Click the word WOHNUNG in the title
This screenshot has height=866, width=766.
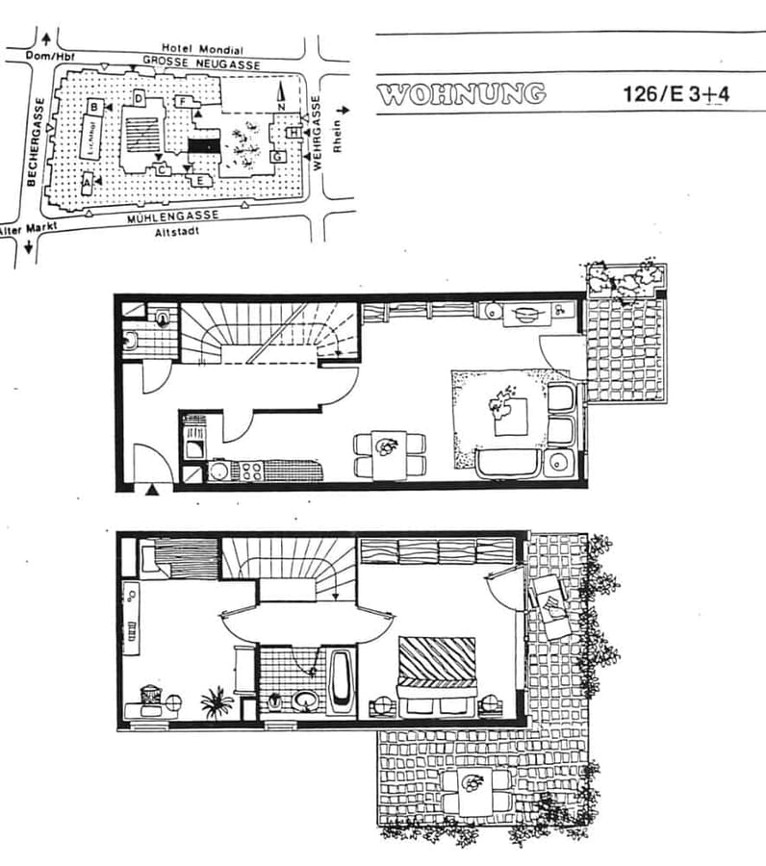tap(461, 94)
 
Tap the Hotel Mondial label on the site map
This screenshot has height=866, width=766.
tap(202, 49)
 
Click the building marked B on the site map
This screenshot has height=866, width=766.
tap(95, 107)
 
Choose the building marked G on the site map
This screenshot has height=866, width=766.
tap(276, 156)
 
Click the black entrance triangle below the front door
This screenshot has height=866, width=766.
tap(151, 491)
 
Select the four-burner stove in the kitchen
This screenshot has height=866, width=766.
tap(251, 471)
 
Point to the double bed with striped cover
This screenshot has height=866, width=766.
tap(438, 674)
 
